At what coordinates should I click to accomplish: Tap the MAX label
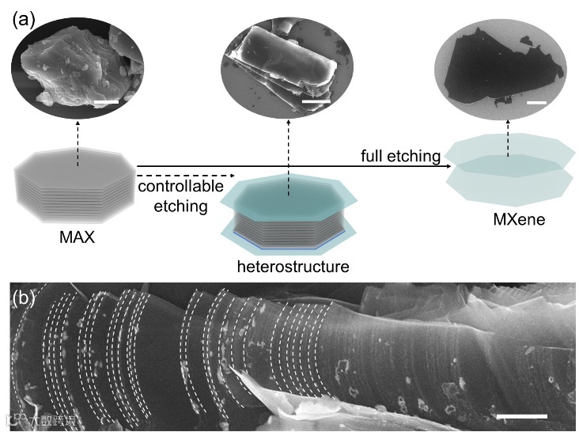77,235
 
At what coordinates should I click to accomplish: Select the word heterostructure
293,267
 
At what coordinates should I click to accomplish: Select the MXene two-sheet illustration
509,169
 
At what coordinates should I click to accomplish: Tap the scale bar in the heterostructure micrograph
315,100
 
